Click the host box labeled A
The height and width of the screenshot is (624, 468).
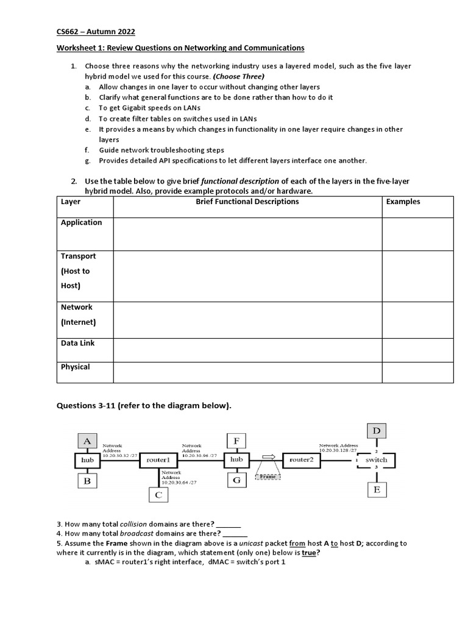(x=87, y=441)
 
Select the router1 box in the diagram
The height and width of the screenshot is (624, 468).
(x=158, y=460)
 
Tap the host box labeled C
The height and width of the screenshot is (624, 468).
(x=158, y=495)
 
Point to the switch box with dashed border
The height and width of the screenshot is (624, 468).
(x=376, y=460)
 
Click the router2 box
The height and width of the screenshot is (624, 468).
(x=301, y=459)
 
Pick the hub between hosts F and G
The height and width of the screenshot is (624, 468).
(x=236, y=459)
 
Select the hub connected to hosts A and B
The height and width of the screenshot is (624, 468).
(x=87, y=460)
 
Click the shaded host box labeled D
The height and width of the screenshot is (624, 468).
(x=377, y=431)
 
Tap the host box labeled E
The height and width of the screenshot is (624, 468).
(x=377, y=489)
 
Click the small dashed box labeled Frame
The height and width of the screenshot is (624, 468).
(x=268, y=477)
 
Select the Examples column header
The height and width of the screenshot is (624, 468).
(x=403, y=202)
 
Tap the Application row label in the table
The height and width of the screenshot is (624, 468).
(x=81, y=222)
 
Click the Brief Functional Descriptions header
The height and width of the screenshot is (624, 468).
(x=247, y=202)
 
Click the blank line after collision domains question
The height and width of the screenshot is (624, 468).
(x=229, y=524)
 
